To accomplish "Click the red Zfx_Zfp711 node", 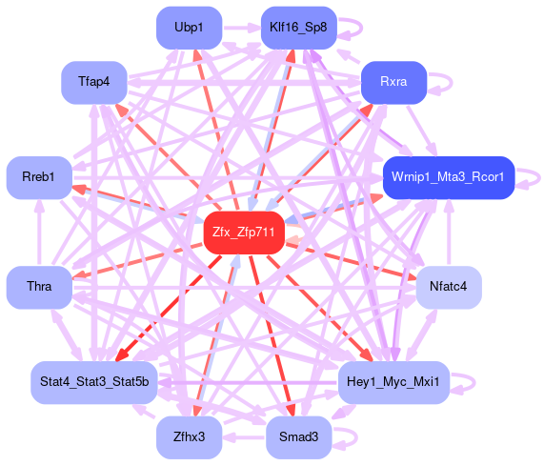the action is [x=244, y=233].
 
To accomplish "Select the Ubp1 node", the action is [x=189, y=28].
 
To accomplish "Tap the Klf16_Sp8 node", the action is [x=299, y=28].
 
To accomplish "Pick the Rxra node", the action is [x=393, y=82].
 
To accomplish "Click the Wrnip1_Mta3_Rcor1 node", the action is [x=449, y=177].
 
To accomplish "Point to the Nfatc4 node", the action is [x=449, y=287].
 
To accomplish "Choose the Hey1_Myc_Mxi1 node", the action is [x=393, y=382].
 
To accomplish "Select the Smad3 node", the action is [x=299, y=437].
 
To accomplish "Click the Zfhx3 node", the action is [x=189, y=437].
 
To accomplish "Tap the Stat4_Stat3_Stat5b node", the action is [x=94, y=382].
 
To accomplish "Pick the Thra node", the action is [x=39, y=287].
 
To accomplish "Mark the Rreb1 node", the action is [x=39, y=177].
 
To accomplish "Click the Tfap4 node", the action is [x=94, y=82].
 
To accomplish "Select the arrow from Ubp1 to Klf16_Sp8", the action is [x=241, y=28].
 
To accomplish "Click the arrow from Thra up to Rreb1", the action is [x=39, y=233].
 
